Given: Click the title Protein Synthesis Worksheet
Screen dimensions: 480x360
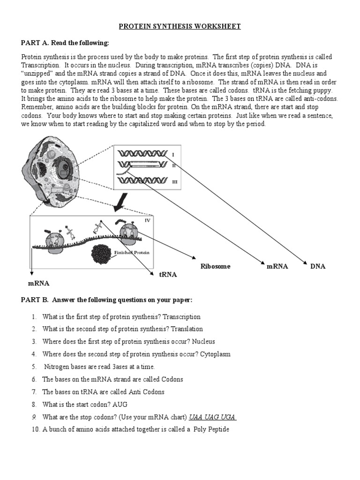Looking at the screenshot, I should coord(180,26).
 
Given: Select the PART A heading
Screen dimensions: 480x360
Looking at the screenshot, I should coord(65,43).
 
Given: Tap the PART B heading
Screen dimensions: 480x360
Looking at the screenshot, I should coord(106,300).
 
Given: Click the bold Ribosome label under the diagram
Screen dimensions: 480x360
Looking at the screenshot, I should coord(216,266).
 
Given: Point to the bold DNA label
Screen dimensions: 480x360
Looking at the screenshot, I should coord(317,266).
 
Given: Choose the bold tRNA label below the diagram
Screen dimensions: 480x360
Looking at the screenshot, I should coord(168,275).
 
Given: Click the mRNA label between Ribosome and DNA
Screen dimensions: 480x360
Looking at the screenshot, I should coord(277,266).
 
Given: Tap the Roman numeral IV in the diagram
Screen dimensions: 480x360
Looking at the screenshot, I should coord(147,220).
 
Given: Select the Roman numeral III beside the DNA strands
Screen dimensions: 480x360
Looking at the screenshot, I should coord(174,182).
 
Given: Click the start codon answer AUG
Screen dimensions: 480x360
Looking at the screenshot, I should coord(120,404).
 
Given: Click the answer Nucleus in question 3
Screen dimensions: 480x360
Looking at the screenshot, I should coord(202,342).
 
